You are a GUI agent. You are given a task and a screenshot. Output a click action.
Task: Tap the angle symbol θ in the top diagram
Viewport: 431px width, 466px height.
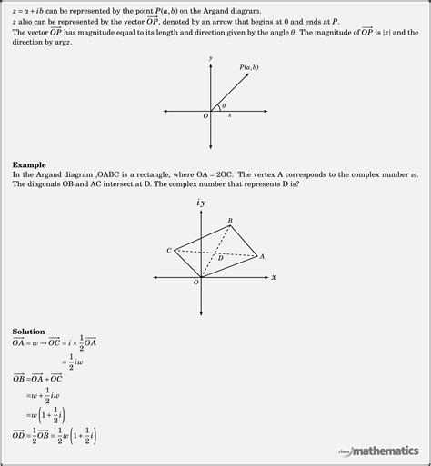click(224, 105)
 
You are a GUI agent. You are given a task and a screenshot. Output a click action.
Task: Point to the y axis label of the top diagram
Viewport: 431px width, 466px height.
click(210, 58)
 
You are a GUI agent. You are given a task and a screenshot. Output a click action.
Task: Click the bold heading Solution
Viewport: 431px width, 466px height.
click(30, 332)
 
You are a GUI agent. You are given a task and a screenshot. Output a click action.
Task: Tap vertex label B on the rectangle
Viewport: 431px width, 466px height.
click(230, 221)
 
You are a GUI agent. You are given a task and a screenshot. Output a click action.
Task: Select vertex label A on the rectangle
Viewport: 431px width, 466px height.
click(262, 256)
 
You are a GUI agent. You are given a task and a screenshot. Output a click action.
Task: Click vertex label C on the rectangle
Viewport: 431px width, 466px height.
click(169, 250)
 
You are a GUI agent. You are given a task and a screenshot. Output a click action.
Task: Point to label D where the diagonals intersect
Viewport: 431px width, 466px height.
click(220, 259)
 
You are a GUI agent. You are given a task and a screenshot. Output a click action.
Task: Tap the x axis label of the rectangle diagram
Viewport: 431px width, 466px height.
click(274, 277)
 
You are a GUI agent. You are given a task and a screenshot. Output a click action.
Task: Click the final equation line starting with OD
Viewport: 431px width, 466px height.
click(55, 435)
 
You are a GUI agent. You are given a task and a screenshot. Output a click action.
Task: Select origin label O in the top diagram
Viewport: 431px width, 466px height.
click(205, 116)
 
